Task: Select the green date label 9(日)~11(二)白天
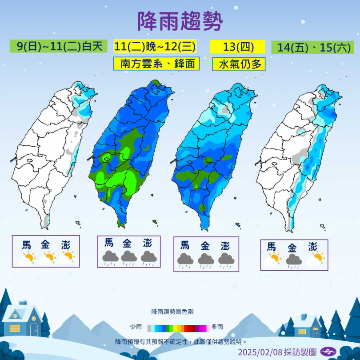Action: tap(59, 46)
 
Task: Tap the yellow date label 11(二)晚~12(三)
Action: tap(155, 46)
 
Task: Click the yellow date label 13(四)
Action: tap(237, 46)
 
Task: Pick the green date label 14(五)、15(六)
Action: tap(312, 47)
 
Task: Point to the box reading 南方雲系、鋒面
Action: tap(156, 64)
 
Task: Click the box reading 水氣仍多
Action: tap(239, 64)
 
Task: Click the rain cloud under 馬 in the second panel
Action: tap(110, 256)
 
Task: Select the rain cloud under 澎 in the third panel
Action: tap(226, 259)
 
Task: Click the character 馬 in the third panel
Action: tap(185, 245)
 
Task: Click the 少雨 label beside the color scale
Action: tap(136, 327)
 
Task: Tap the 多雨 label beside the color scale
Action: tap(217, 327)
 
